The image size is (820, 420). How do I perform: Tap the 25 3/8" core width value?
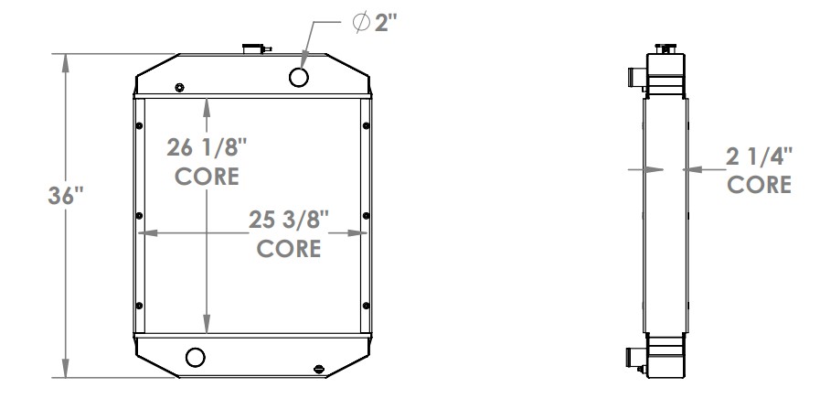click(x=288, y=220)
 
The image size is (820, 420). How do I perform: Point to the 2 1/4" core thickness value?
click(x=759, y=156)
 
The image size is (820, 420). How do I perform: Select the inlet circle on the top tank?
click(x=300, y=77)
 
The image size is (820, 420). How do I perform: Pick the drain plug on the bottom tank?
click(x=318, y=369)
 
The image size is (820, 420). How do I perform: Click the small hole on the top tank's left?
click(x=179, y=88)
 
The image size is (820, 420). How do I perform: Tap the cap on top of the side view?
click(x=666, y=46)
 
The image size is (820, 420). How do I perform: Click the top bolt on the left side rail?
click(x=138, y=126)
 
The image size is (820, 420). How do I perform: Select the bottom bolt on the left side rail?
click(x=138, y=305)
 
